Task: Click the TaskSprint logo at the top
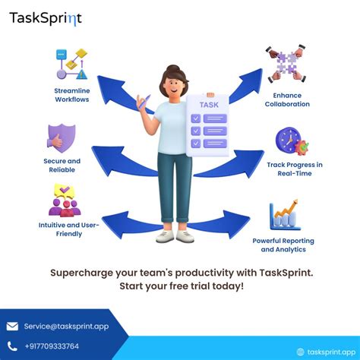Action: pos(46,18)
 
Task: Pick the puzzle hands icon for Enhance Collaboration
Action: pos(285,63)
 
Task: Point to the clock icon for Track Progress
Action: pos(289,142)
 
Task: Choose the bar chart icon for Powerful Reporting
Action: pos(285,216)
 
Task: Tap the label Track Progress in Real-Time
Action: pos(294,169)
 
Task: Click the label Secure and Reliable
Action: pos(62,166)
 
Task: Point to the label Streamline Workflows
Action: pos(73,95)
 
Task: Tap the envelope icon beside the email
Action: pos(12,327)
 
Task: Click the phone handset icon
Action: pos(12,346)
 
